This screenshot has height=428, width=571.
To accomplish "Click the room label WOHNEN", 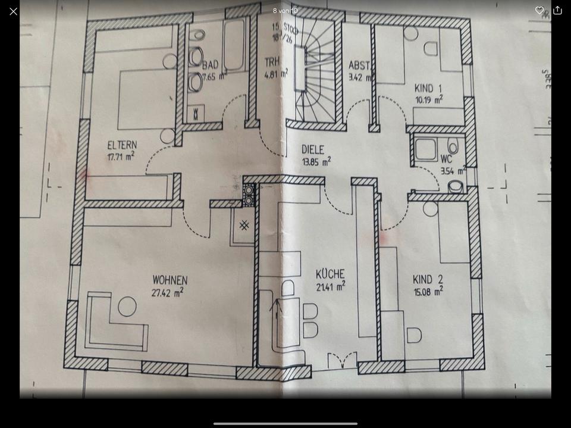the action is (170, 280).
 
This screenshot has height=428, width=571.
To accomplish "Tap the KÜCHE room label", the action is (330, 274).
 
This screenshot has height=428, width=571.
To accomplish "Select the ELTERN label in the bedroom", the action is (122, 145).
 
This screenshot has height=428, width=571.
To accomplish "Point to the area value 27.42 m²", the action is (167, 292).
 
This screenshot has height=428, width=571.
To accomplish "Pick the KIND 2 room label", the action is (428, 279).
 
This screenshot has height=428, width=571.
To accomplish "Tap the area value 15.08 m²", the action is (428, 292).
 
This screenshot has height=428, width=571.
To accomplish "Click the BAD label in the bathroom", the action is (210, 64).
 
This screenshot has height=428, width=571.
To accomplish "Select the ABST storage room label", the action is (359, 65).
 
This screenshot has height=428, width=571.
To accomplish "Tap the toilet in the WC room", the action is (456, 187).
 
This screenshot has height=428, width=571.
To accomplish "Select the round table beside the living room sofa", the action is (127, 307).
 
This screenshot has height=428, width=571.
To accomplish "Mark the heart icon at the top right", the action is (539, 10).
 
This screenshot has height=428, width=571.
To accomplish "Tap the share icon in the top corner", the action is (557, 10).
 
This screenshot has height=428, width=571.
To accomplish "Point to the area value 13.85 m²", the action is (316, 161).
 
